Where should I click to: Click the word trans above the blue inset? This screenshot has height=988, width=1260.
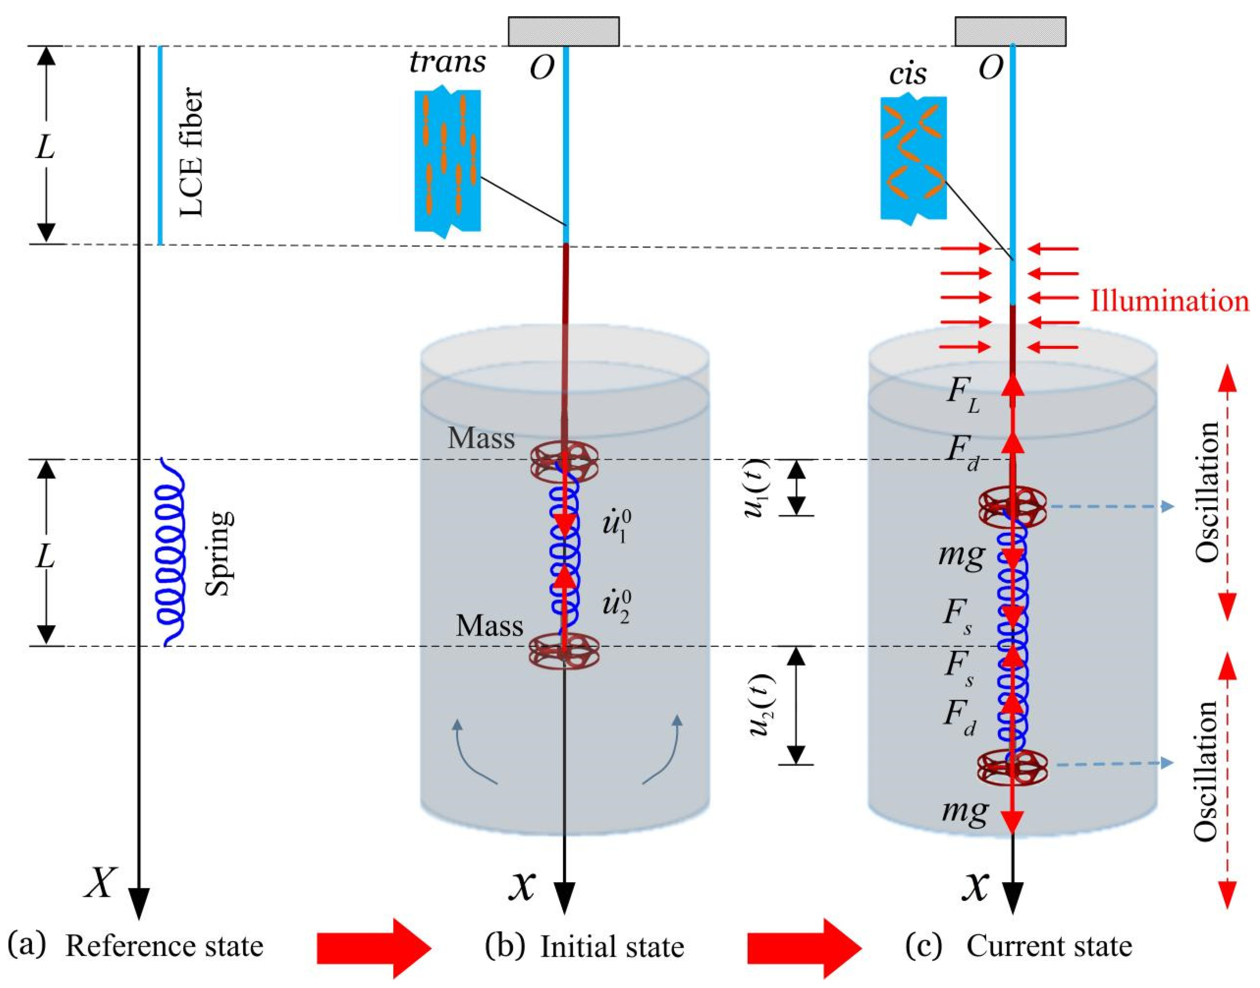click(448, 61)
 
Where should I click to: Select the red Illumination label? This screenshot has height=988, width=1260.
click(1170, 301)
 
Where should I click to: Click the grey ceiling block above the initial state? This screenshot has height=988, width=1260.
click(564, 31)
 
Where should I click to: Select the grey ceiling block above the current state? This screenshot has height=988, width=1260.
click(1010, 31)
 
